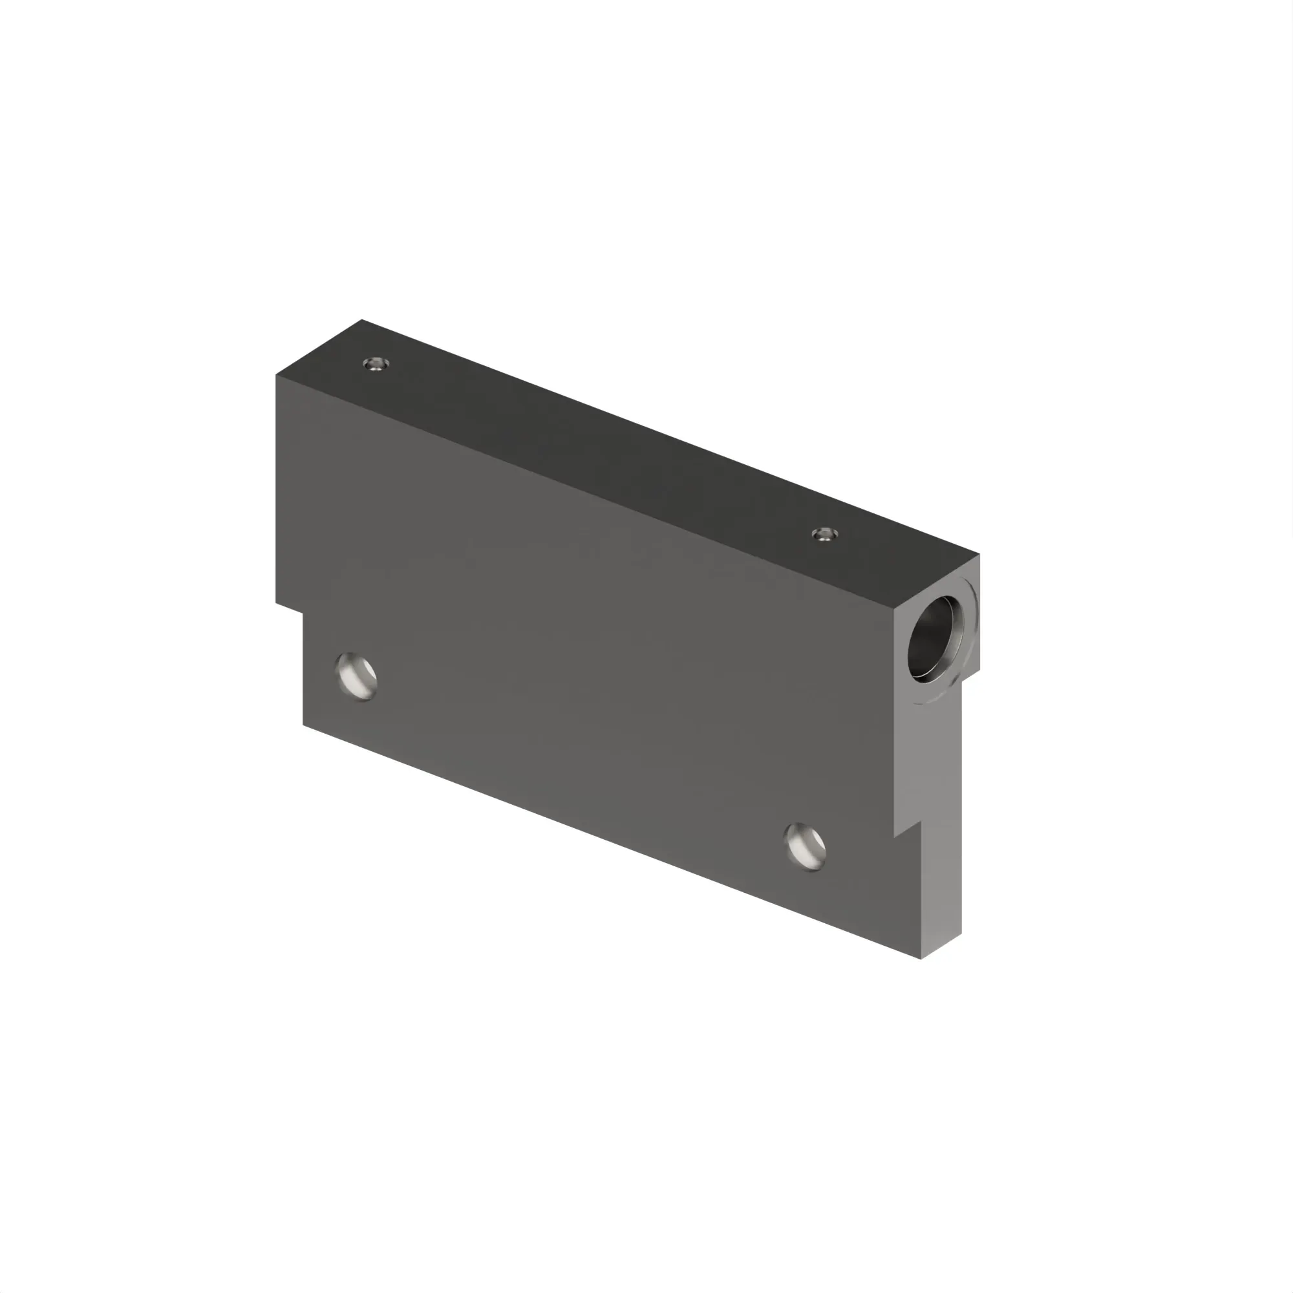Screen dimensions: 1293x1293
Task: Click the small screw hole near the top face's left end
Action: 376,364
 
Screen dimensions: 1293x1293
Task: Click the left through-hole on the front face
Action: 357,676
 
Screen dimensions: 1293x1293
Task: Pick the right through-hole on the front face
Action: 805,847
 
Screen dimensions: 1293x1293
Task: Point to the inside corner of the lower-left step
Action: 303,614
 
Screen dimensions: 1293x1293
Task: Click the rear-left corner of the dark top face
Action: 362,320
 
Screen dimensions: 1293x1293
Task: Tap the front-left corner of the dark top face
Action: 276,375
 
